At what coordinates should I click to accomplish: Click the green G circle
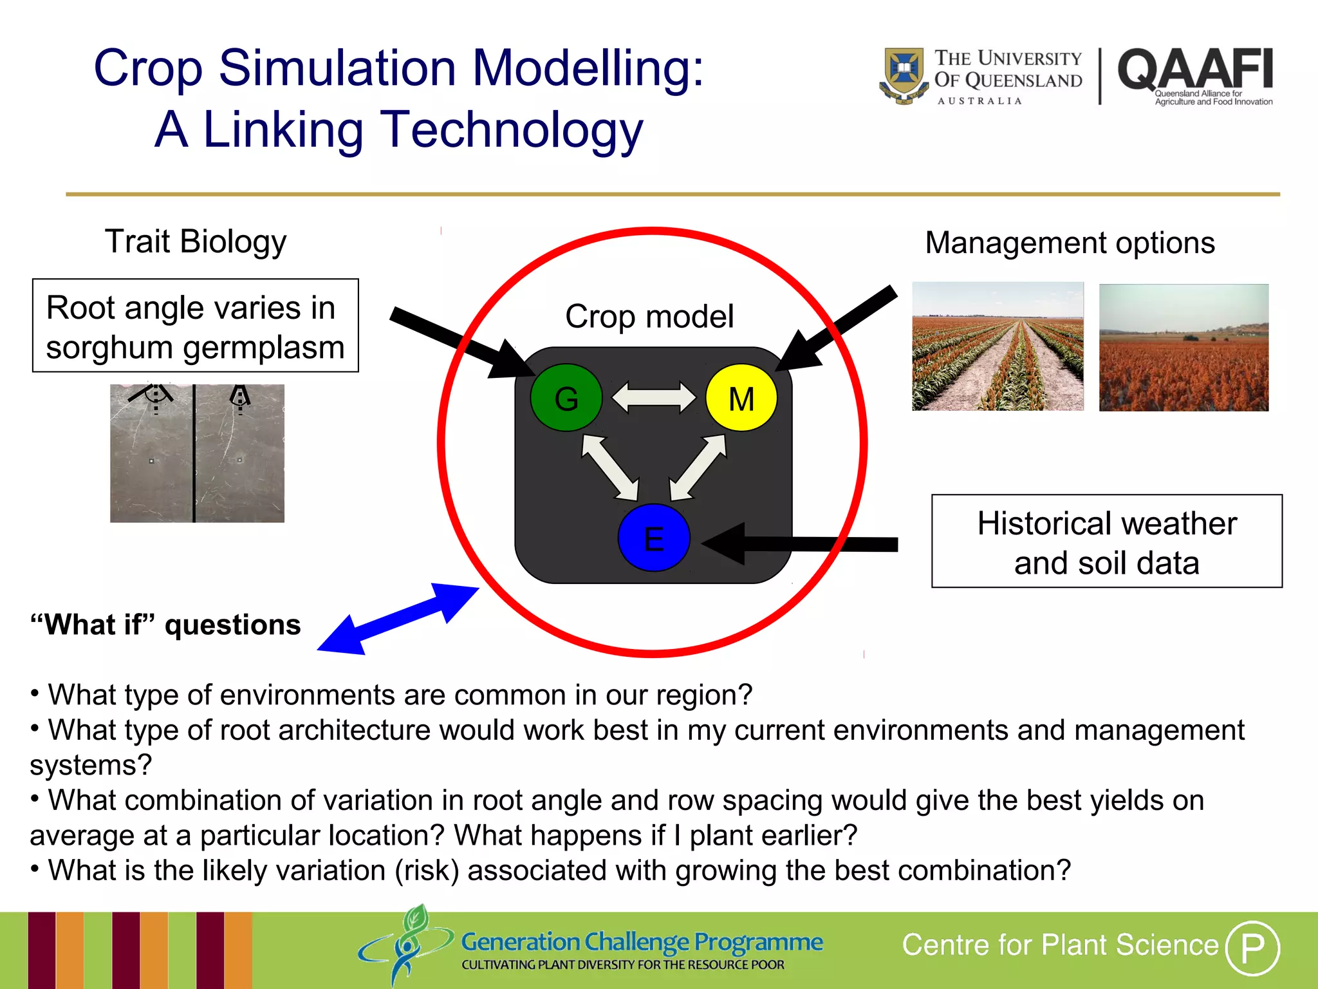point(566,398)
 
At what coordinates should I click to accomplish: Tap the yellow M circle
point(741,398)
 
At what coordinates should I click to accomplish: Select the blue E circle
point(653,538)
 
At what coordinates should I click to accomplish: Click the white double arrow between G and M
point(653,397)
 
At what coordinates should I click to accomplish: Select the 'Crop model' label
point(649,316)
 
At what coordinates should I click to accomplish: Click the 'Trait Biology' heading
point(196,241)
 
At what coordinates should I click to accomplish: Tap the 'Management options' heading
point(1070,243)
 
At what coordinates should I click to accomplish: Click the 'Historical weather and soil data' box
point(1106,542)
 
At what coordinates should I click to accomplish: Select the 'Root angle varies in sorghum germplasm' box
point(195,326)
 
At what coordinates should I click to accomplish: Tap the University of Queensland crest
point(904,74)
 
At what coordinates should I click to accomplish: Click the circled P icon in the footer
point(1252,947)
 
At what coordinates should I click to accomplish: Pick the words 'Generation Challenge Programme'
point(642,942)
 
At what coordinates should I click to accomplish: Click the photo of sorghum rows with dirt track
point(998,346)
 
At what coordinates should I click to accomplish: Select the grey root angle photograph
point(197,453)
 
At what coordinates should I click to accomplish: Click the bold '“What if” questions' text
point(165,625)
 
